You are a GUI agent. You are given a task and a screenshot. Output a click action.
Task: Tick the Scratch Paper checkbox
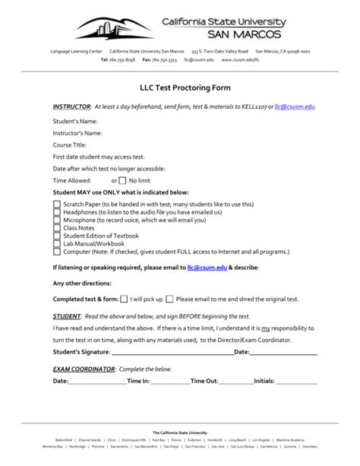(57, 204)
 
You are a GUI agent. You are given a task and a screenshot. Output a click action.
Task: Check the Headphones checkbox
(57, 212)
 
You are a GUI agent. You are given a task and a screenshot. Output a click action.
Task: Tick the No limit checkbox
(123, 181)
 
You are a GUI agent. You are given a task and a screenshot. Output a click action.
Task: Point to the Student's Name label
(75, 121)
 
